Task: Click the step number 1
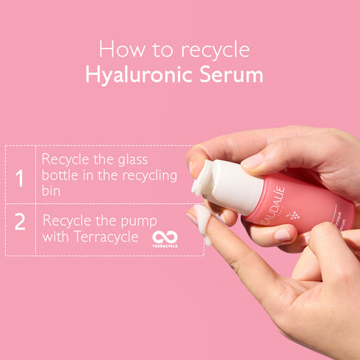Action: (20, 179)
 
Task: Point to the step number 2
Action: (20, 222)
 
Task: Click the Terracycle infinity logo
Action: (165, 237)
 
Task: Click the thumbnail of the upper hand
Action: (252, 160)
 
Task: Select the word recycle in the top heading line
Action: (212, 49)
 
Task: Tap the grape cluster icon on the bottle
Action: (295, 215)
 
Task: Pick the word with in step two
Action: (56, 237)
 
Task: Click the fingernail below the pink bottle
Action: (283, 235)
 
